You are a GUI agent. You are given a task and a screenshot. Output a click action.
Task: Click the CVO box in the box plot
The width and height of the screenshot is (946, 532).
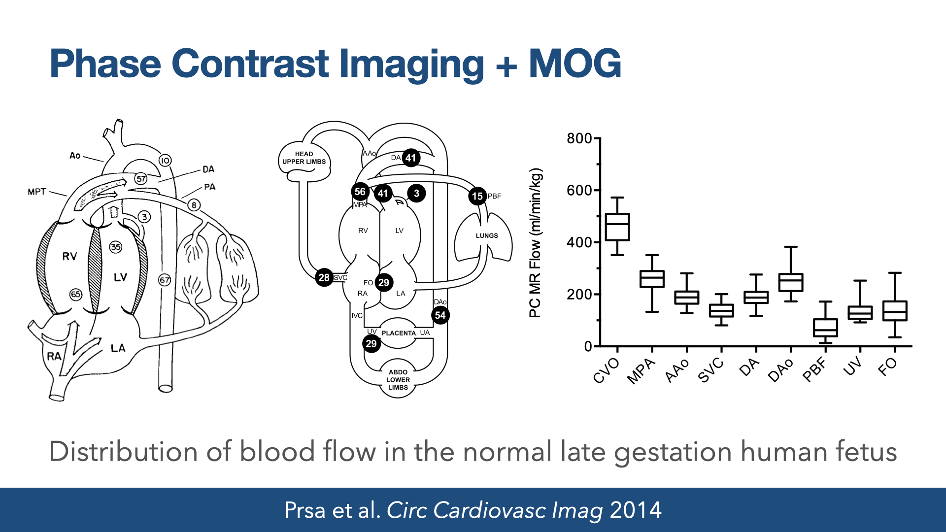pyautogui.click(x=617, y=227)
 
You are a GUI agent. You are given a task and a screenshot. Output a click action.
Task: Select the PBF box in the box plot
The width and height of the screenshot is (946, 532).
pyautogui.click(x=825, y=328)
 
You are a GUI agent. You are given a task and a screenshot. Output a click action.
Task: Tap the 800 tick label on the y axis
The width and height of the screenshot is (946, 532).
pyautogui.click(x=579, y=138)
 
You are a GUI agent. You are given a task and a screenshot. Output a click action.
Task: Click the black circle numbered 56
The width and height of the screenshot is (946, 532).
pyautogui.click(x=360, y=192)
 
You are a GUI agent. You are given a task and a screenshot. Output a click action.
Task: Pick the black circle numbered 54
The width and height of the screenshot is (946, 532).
pyautogui.click(x=440, y=315)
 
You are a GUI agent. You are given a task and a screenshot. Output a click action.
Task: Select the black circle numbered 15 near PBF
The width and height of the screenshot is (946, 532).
pyautogui.click(x=477, y=196)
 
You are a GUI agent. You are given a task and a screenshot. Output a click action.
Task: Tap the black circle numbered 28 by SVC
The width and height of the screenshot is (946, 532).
pyautogui.click(x=324, y=277)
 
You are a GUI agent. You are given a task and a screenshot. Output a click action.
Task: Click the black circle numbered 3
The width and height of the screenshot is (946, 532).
pyautogui.click(x=416, y=193)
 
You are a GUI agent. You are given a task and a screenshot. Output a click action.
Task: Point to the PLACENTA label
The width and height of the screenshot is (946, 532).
pyautogui.click(x=399, y=333)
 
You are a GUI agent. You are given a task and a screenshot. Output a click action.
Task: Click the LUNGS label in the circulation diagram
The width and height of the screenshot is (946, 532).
pyautogui.click(x=487, y=235)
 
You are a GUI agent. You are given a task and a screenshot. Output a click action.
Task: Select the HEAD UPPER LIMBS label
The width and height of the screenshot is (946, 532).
pyautogui.click(x=304, y=158)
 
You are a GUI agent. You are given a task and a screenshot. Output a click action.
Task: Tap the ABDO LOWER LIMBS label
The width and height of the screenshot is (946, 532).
pyautogui.click(x=398, y=380)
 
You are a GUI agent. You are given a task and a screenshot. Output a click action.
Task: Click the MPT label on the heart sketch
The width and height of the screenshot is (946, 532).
pyautogui.click(x=37, y=192)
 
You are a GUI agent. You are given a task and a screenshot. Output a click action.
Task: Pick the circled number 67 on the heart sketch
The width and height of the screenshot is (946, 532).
pyautogui.click(x=165, y=280)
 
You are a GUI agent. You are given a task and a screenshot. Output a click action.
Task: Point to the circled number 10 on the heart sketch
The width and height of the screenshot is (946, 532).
pyautogui.click(x=165, y=160)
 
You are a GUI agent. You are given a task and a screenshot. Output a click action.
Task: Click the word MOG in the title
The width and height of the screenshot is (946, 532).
pyautogui.click(x=574, y=64)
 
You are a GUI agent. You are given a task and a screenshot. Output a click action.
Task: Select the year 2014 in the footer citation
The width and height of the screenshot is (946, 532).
pyautogui.click(x=636, y=510)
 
